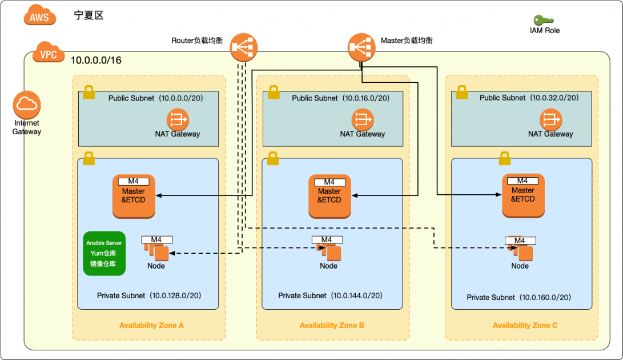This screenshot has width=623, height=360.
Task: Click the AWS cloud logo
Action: pos(40,15)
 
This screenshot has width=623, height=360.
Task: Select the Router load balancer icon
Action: pos(244,47)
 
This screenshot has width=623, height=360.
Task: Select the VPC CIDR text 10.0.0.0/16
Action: pos(96,60)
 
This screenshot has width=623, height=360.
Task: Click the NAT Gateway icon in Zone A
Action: pos(178,119)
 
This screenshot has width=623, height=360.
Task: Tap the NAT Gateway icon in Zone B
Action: pos(362,119)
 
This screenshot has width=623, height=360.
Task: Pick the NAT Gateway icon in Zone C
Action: pos(550,119)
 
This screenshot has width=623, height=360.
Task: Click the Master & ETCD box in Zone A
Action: pos(134,196)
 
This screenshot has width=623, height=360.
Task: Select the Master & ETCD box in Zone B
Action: pos(329,196)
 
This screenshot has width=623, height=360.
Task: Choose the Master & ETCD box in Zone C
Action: pos(523,195)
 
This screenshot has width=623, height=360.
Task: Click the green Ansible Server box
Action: pos(104,253)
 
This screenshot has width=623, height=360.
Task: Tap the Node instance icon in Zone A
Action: pos(157,250)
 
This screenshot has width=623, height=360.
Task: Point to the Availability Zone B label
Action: pos(332,326)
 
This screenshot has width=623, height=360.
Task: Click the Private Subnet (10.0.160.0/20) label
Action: pos(519,297)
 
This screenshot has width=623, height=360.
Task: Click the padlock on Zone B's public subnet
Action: pos(273,91)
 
